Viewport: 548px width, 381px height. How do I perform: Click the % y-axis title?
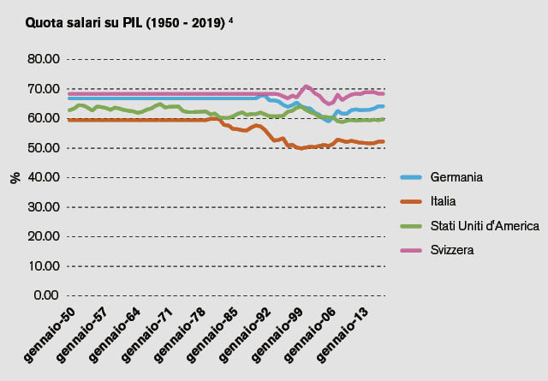click(15, 178)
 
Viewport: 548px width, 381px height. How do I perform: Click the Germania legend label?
click(457, 177)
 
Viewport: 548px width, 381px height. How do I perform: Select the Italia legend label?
click(444, 201)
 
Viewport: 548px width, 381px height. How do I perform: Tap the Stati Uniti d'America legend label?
click(484, 226)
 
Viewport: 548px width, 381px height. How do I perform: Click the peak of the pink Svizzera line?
click(306, 86)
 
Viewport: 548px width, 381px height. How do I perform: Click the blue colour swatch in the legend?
click(412, 177)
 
